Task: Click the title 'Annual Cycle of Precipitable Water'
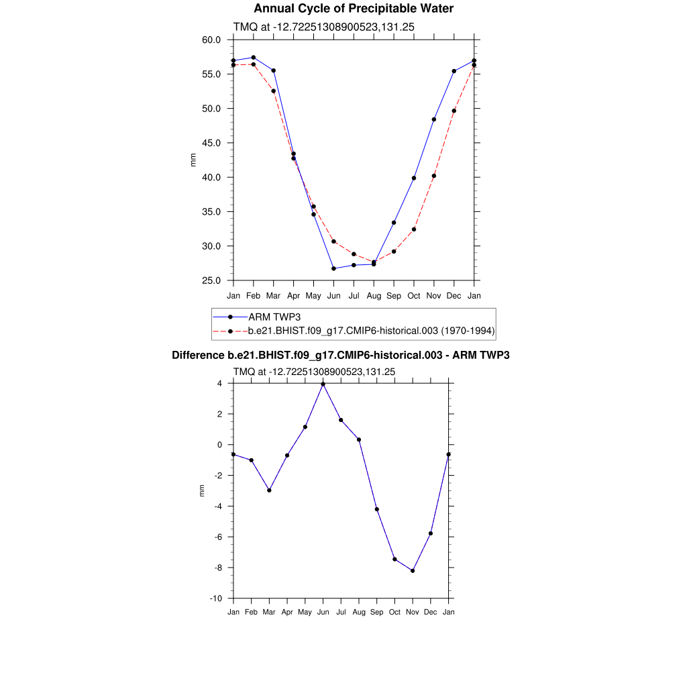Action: click(354, 9)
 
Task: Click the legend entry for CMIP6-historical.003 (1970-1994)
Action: click(371, 331)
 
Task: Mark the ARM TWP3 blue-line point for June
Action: click(333, 268)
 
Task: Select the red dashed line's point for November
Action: click(434, 176)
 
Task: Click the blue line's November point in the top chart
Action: click(434, 119)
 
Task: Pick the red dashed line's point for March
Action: click(273, 91)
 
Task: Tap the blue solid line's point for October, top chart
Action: click(414, 178)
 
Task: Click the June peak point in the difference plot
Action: click(323, 384)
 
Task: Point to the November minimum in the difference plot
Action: click(413, 571)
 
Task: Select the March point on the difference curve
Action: click(269, 490)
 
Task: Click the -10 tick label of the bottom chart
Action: click(217, 598)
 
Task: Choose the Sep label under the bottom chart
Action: click(377, 612)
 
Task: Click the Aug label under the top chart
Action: click(374, 295)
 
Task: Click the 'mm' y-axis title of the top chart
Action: click(194, 160)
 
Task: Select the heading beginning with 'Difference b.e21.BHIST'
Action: click(341, 355)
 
